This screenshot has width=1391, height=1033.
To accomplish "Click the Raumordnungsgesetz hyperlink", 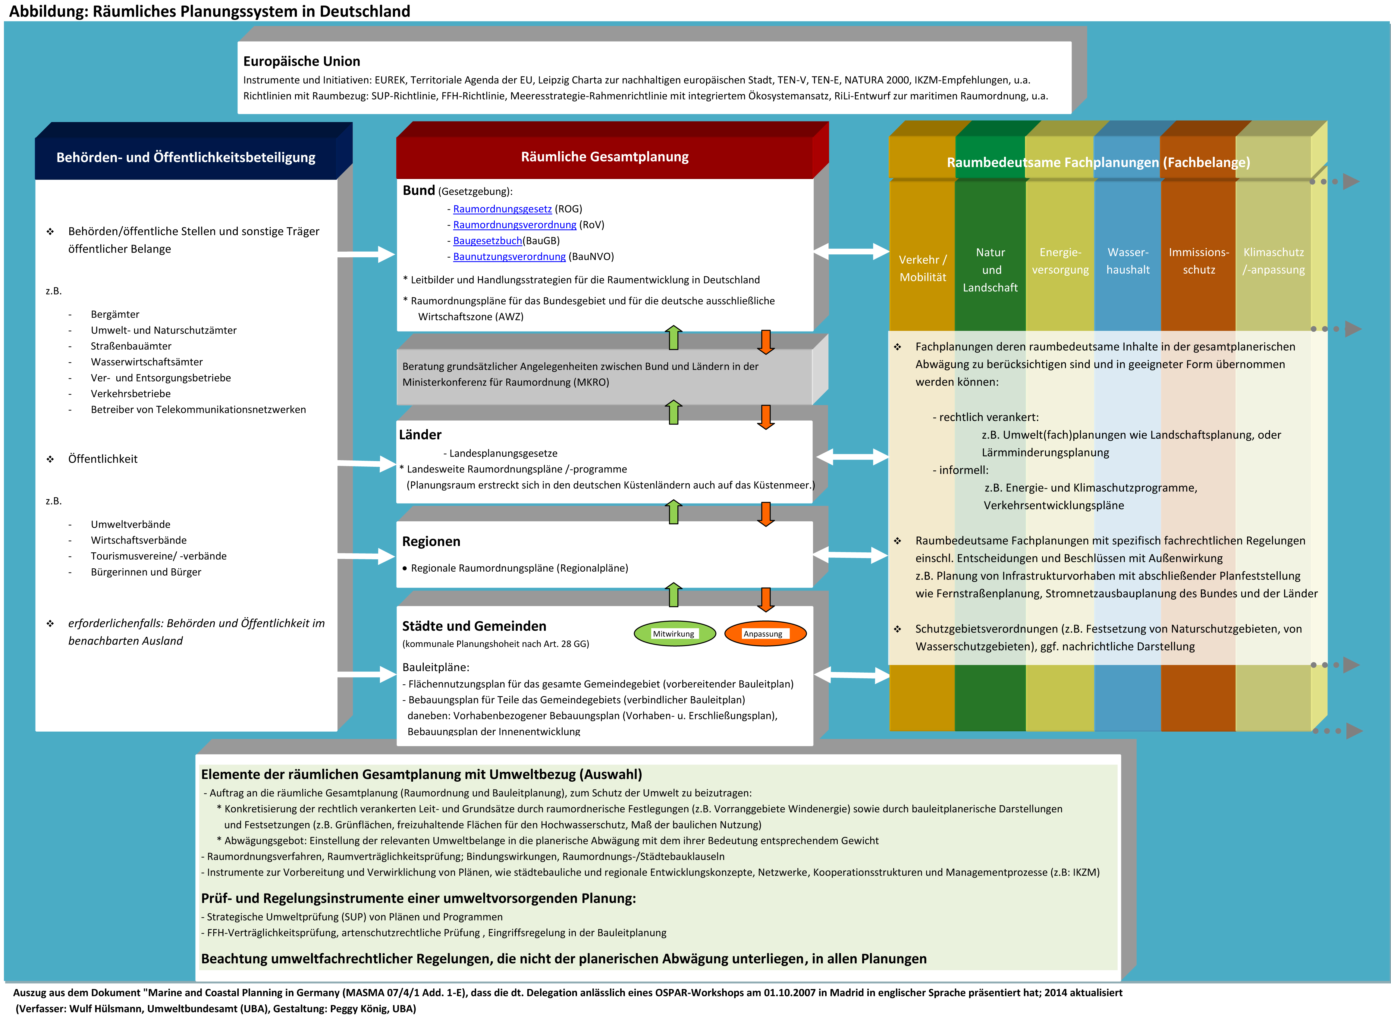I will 502,209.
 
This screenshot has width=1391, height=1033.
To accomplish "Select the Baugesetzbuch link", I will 487,241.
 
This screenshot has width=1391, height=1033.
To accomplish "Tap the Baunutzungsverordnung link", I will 509,256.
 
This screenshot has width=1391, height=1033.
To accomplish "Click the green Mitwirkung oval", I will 674,633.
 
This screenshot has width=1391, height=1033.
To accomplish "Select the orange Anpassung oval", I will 765,633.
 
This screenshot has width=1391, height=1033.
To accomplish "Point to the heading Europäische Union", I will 301,61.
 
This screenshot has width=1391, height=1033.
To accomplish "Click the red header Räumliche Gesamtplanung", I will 604,157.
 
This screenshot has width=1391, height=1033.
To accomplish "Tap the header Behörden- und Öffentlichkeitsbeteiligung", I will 186,158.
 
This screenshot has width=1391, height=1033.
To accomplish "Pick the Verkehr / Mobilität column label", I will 923,268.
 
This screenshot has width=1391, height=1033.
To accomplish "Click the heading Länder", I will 420,435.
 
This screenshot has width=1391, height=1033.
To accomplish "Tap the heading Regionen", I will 431,542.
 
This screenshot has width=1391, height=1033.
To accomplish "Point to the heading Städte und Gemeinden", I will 474,626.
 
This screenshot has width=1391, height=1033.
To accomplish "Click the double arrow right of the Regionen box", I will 850,555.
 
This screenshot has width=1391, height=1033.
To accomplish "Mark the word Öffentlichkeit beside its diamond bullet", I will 102,459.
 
